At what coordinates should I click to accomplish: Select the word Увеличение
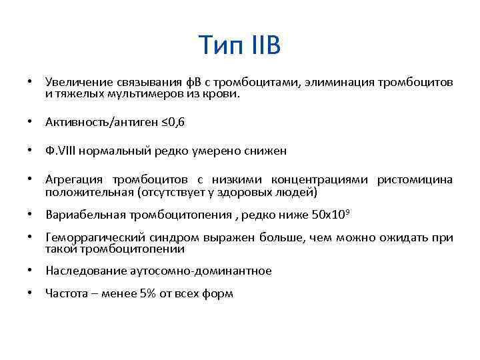[73, 82]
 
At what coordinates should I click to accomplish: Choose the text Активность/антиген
[89, 122]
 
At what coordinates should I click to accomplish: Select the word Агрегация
[73, 180]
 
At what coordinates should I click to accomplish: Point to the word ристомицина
[415, 180]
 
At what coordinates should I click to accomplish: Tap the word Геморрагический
[93, 237]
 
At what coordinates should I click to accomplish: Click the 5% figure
[148, 293]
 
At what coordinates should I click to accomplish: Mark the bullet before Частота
[30, 293]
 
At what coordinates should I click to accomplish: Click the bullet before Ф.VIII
[30, 151]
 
